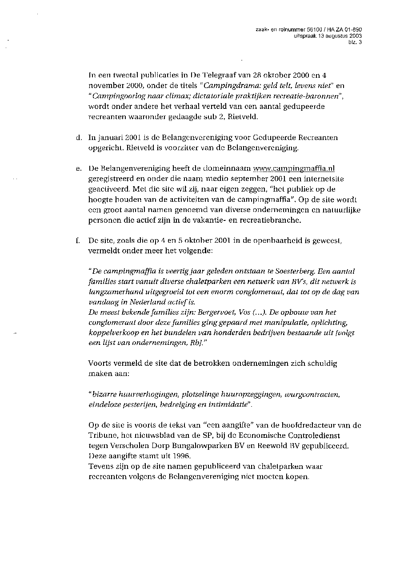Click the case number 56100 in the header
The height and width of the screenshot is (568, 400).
tap(307, 30)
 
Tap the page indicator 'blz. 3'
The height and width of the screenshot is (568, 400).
tap(355, 42)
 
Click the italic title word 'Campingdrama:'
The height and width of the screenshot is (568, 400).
tap(228, 85)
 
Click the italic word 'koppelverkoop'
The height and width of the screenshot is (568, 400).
tap(110, 332)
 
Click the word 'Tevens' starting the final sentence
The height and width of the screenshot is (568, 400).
tap(100, 466)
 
